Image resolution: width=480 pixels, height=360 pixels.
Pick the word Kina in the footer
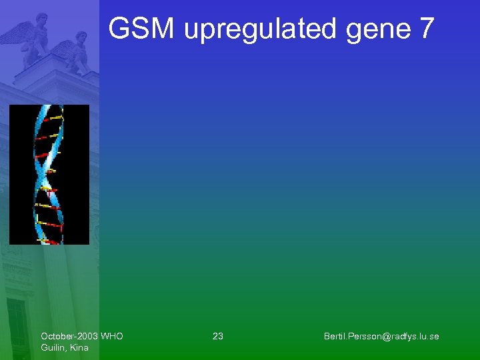click(x=79, y=347)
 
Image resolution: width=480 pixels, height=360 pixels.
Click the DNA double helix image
click(x=49, y=175)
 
